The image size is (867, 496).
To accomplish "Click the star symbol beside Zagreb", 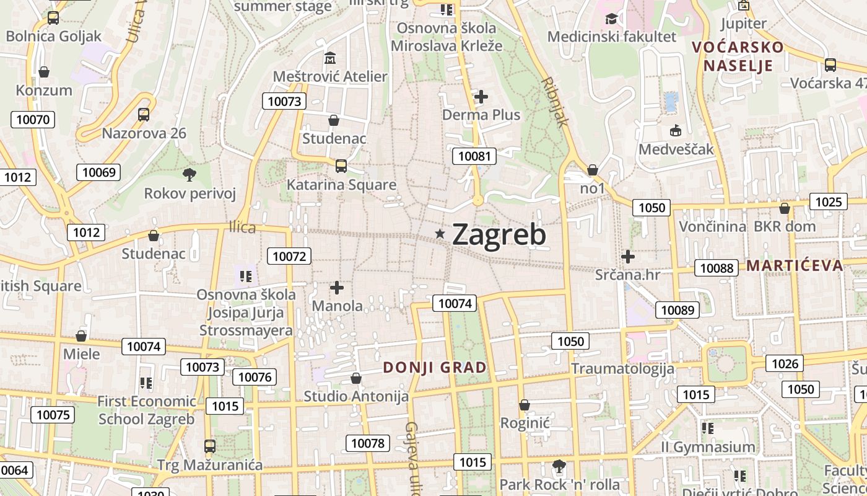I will click(440, 234).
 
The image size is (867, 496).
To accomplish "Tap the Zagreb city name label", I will click(499, 235).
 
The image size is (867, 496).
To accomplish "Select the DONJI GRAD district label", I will click(435, 368).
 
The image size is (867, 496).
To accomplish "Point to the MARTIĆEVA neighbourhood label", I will click(795, 266).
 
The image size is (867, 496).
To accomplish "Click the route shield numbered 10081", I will click(474, 156).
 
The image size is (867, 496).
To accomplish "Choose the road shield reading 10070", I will click(33, 119).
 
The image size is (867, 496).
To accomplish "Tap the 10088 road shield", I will click(717, 268).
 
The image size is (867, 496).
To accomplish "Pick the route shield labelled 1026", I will click(785, 363).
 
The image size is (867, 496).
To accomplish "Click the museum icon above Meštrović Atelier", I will click(330, 59).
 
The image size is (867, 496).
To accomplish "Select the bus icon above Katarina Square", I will click(341, 166).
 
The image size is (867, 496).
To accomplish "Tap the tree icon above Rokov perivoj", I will click(190, 175).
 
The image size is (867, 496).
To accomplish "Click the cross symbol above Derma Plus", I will click(481, 97).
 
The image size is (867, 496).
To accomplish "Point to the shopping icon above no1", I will click(593, 170).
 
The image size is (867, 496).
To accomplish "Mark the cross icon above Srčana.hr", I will click(628, 256).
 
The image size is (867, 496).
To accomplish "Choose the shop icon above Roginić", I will click(525, 405).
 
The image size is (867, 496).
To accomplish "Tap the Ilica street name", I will click(242, 228).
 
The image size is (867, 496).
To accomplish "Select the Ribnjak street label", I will click(554, 102).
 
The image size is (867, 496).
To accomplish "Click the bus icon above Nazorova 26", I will click(144, 115).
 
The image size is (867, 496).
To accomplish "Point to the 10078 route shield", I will click(368, 443).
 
